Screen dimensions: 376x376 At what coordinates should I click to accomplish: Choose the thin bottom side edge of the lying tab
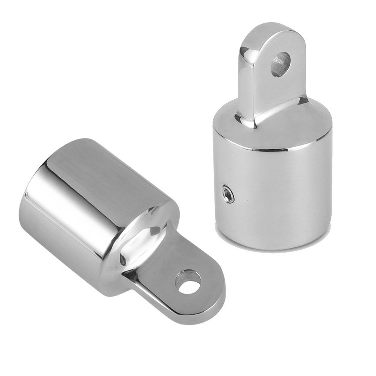[x=180, y=320]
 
